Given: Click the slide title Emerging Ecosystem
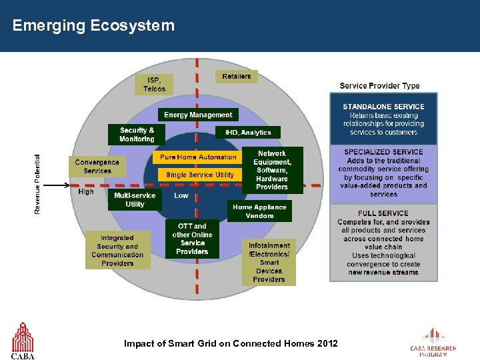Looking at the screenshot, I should pos(93,26).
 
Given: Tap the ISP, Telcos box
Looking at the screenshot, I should pos(154,84).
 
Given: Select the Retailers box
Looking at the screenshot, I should pos(237,76).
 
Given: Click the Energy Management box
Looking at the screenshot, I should pos(198,115).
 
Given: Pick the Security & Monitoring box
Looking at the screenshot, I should pos(137,135).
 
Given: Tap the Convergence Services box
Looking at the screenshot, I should pos(97,166).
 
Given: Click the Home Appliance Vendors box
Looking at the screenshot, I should pos(259,211).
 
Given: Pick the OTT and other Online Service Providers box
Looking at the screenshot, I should pos(193,239).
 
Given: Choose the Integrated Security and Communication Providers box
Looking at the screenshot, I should pos(117,251).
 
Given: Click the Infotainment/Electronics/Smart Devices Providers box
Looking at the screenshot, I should pos(269,262).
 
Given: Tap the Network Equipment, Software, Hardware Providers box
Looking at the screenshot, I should pos(272,170).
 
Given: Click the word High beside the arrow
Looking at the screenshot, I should pos(86,192).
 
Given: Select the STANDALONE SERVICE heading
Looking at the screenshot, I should pos(383,107).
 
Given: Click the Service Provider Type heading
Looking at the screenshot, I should pos(379,85).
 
